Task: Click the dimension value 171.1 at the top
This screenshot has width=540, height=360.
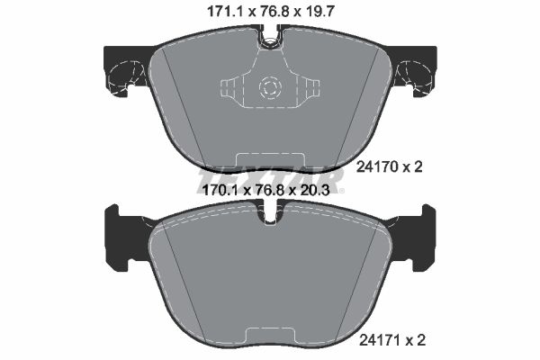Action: coord(211,12)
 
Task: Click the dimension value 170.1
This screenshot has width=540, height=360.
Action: coord(212,190)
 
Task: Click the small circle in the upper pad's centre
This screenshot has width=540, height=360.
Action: coord(269,87)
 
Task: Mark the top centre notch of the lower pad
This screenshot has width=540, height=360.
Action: coord(269,215)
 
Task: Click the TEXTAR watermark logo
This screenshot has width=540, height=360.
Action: coord(269,176)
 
